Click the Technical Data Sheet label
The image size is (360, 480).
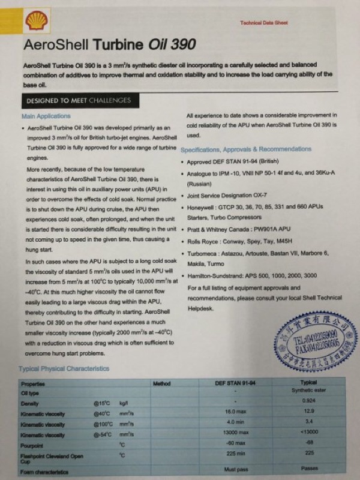(x=263, y=22)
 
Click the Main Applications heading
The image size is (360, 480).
(x=46, y=116)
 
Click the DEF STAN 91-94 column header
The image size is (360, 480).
(x=235, y=383)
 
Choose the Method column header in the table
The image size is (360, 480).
(x=161, y=383)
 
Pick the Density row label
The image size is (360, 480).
(x=30, y=404)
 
